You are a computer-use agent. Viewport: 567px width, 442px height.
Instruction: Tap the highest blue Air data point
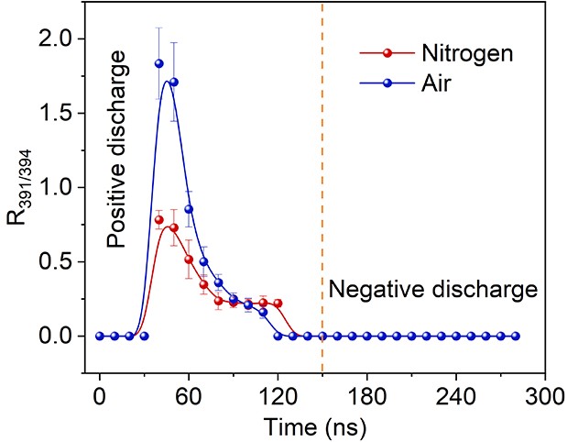(158, 63)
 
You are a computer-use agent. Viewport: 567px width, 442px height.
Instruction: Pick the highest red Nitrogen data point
(158, 219)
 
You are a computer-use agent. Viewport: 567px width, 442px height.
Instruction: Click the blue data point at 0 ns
(99, 336)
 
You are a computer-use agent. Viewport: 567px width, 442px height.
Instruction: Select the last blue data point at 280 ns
(516, 336)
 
